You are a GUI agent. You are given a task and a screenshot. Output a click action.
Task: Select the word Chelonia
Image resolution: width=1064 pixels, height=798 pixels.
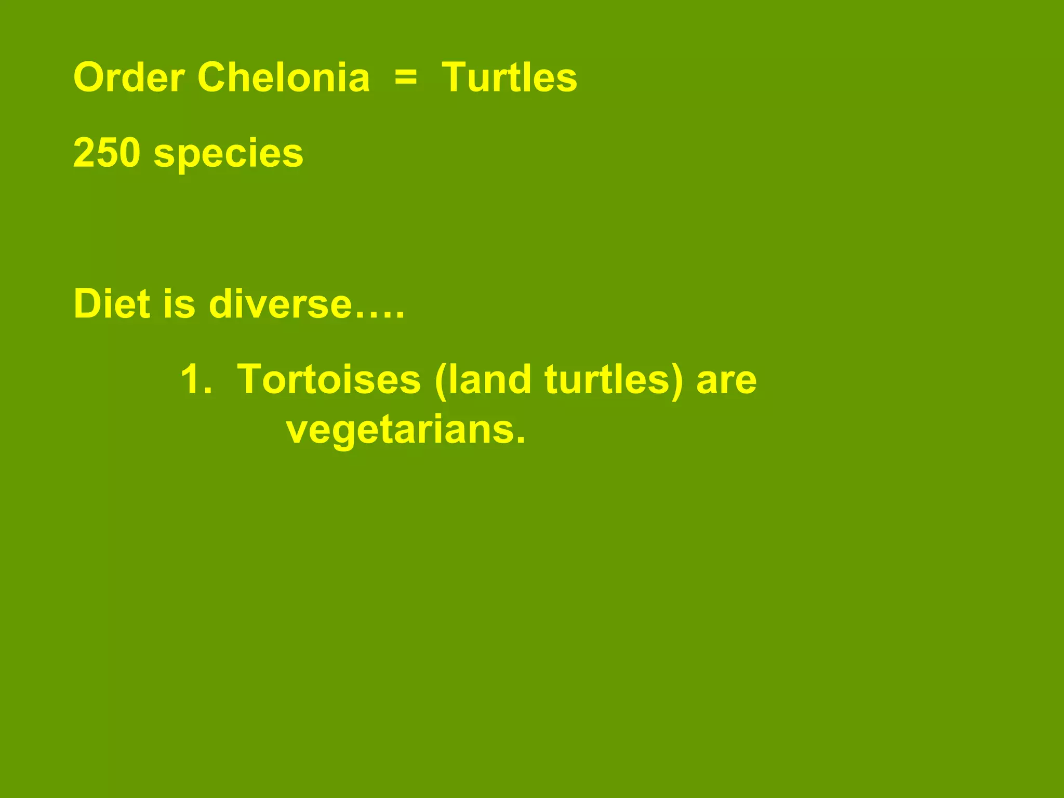tap(283, 78)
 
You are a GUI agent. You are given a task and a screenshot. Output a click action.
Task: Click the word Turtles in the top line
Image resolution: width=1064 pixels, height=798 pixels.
tap(509, 78)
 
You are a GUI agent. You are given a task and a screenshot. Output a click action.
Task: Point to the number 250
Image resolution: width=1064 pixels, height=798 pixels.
tap(107, 153)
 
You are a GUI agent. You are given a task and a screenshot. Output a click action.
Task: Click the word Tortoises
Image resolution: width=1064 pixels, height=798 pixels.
tap(329, 380)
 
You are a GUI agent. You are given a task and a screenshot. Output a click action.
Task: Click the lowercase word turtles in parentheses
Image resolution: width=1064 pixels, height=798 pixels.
tap(606, 380)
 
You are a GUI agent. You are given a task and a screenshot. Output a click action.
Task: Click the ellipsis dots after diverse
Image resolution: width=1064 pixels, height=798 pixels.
tap(379, 315)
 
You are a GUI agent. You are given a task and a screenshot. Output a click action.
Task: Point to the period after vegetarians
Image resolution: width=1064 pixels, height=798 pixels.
tap(520, 442)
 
